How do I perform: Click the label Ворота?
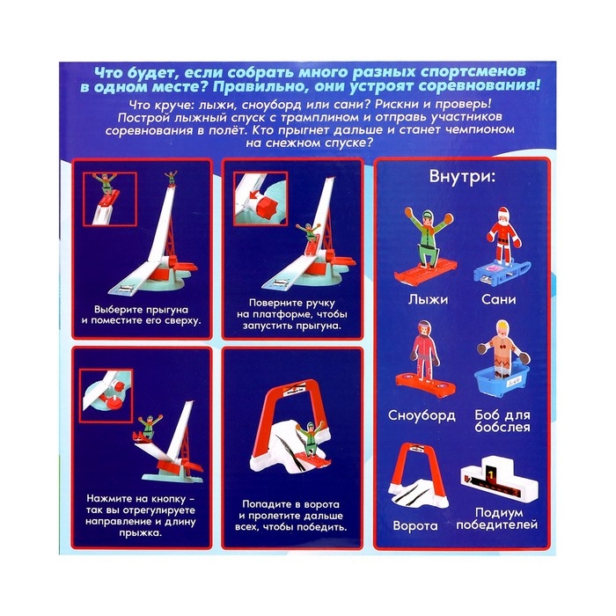(x=417, y=526)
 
